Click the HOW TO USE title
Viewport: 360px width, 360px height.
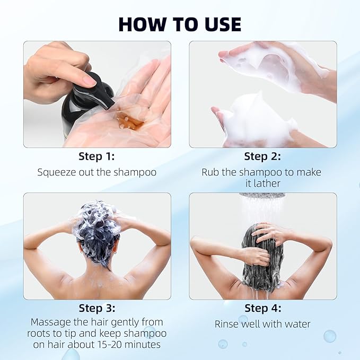pyautogui.click(x=180, y=24)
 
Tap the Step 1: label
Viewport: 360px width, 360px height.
pyautogui.click(x=96, y=156)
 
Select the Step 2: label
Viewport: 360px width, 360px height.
pyautogui.click(x=262, y=156)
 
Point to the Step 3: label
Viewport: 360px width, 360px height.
pyautogui.click(x=96, y=308)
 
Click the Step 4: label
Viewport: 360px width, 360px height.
pyautogui.click(x=262, y=308)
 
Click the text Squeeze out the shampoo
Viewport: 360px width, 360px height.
pyautogui.click(x=96, y=172)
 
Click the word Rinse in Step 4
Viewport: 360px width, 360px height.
pyautogui.click(x=227, y=324)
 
